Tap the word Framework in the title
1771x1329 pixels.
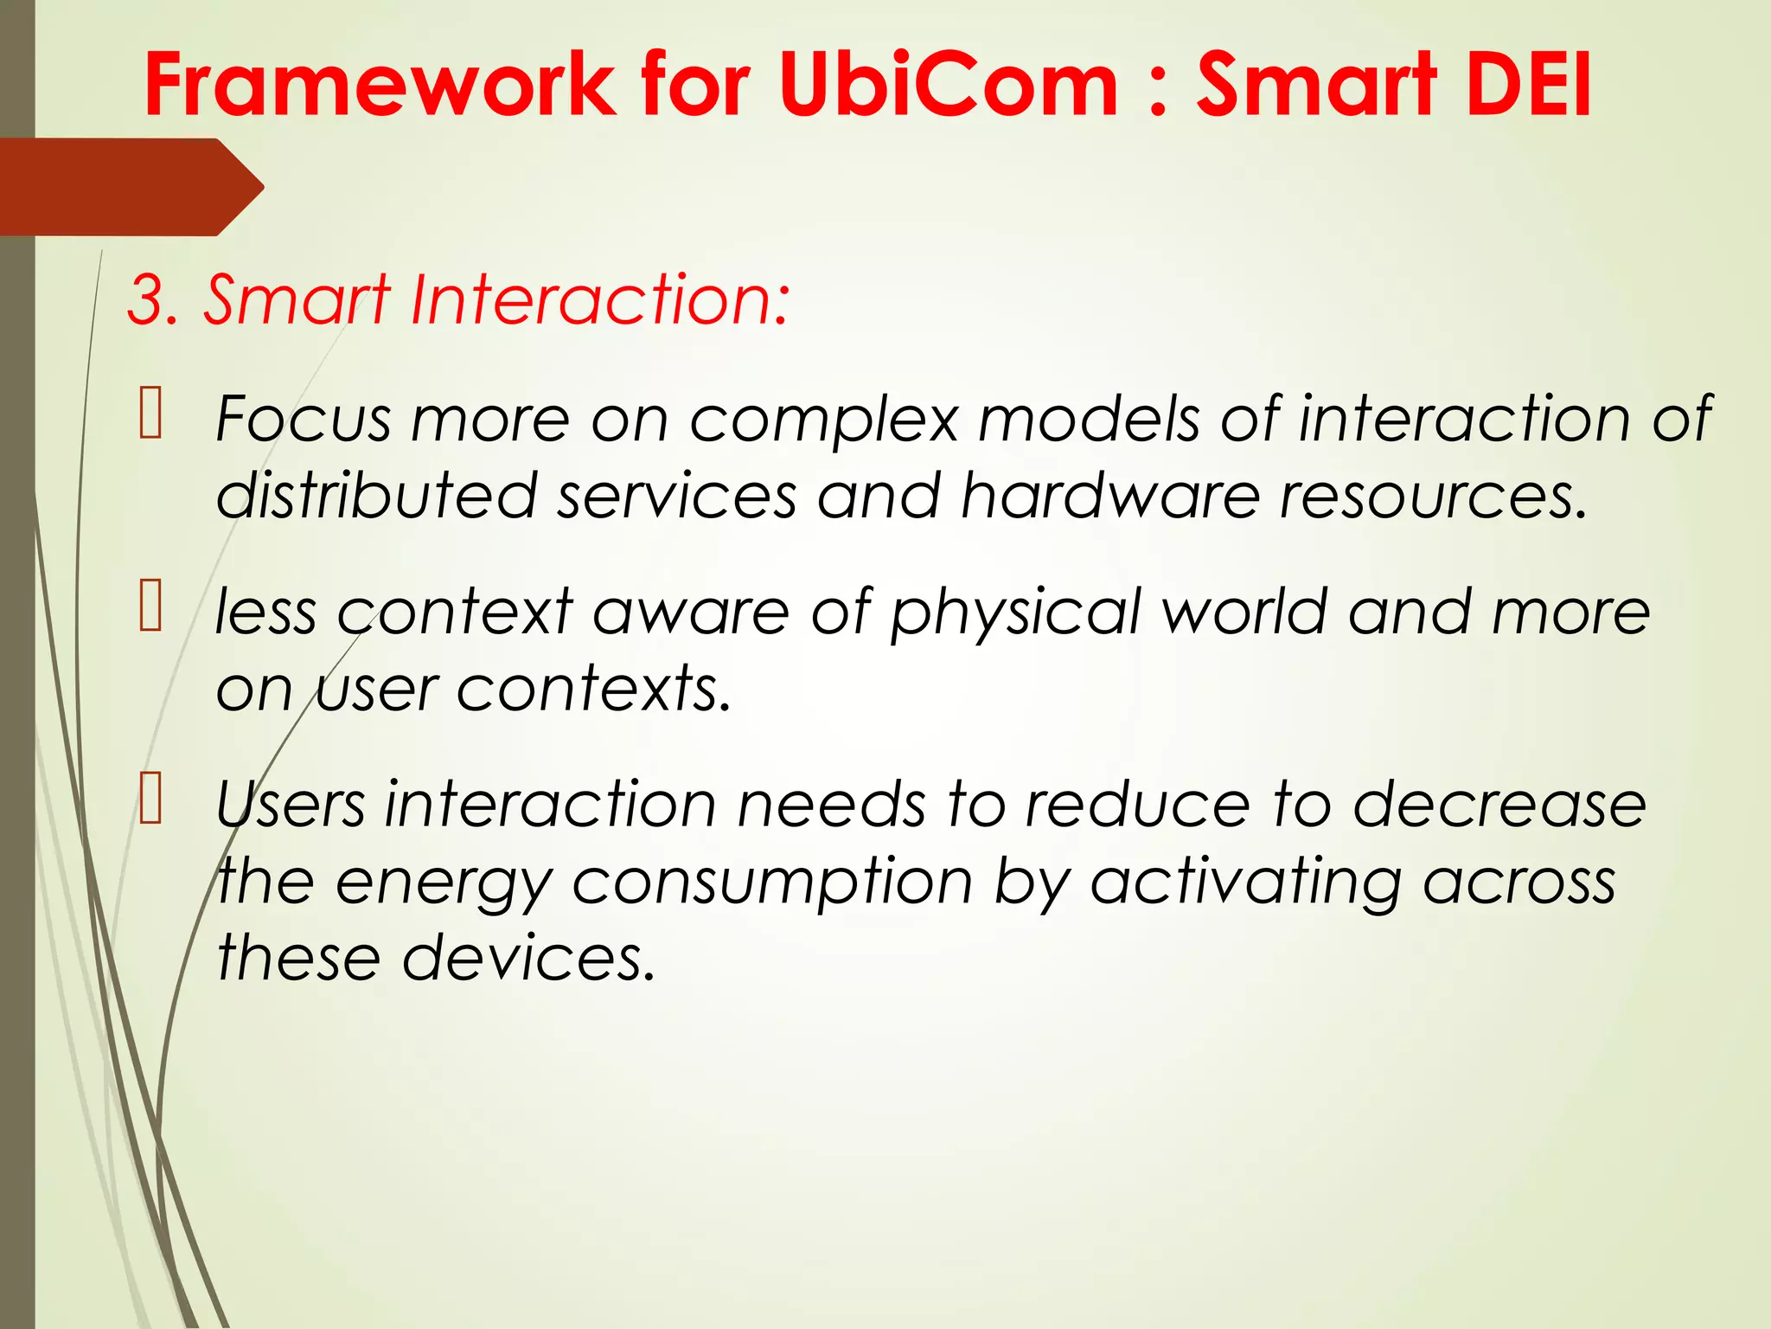click(380, 84)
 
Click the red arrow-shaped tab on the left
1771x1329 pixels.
click(130, 187)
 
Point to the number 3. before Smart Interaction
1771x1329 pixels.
click(153, 300)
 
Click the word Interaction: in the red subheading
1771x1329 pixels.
click(599, 300)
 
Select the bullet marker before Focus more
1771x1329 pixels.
click(150, 414)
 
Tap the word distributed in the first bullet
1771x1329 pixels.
click(376, 497)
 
